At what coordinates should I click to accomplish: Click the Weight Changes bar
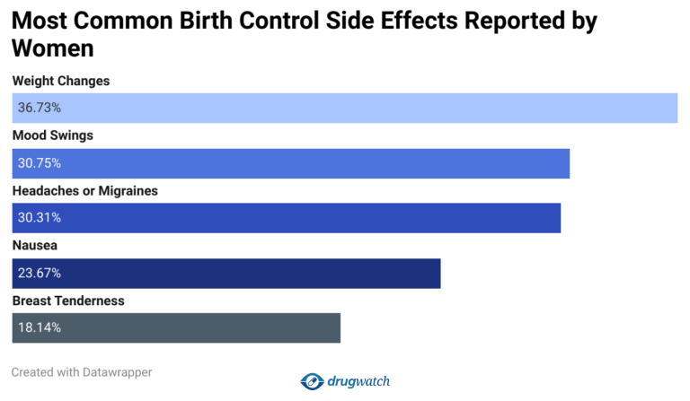(345, 108)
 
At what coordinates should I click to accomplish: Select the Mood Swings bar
(291, 163)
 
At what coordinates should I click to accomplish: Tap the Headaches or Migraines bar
(287, 218)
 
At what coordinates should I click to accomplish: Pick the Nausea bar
(226, 273)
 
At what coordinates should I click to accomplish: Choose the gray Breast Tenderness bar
(176, 327)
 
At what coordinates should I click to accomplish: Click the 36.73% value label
(39, 108)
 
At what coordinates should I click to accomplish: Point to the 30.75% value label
(39, 163)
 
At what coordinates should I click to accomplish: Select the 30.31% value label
(39, 218)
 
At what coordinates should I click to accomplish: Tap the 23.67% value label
(39, 273)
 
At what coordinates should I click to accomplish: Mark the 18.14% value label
(39, 327)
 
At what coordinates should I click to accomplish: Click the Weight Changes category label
(61, 81)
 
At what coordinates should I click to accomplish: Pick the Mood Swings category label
(53, 135)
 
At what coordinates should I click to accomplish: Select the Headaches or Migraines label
(85, 191)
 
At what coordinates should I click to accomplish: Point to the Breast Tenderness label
(68, 301)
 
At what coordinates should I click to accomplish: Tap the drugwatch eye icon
(312, 381)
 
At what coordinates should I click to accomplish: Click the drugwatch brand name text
(358, 381)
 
